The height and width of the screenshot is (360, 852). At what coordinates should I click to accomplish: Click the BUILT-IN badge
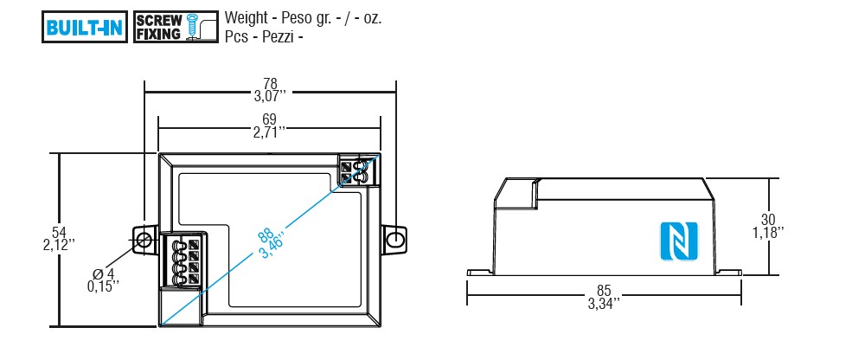[x=85, y=27]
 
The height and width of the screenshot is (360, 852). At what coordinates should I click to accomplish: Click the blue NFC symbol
[x=678, y=241]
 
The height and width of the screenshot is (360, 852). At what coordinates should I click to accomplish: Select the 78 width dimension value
[x=270, y=84]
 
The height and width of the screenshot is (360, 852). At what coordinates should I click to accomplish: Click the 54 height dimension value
[x=59, y=234]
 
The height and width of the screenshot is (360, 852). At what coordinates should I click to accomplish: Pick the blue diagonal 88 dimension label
[x=265, y=237]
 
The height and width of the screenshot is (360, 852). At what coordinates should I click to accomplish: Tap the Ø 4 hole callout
[x=103, y=273]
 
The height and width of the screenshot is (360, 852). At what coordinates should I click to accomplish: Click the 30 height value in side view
[x=768, y=220]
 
